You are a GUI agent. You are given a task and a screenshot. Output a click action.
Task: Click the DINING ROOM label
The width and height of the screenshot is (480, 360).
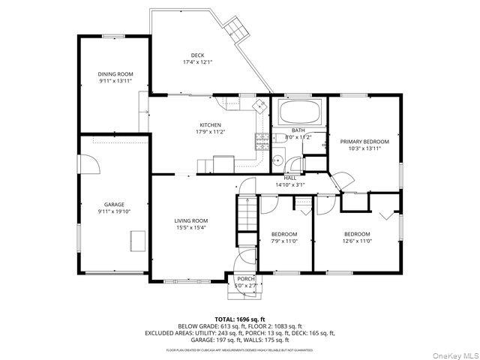point(115,74)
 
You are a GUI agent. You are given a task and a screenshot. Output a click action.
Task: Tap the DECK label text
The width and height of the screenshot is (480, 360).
point(197,55)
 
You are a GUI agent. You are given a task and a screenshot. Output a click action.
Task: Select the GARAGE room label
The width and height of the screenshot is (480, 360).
point(114,205)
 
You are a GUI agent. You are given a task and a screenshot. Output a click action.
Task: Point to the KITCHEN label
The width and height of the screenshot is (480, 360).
point(209,124)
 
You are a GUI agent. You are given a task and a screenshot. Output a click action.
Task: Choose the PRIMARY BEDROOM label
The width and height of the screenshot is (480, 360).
point(364,142)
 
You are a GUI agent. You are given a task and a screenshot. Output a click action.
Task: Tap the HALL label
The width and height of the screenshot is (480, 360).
point(289,178)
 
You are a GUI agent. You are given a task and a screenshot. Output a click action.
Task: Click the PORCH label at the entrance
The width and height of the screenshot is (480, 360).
point(246,279)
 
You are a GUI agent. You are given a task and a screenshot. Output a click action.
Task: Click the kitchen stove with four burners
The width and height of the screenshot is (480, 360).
point(262,139)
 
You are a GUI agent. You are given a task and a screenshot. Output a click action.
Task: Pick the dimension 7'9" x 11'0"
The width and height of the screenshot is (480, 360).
point(284,241)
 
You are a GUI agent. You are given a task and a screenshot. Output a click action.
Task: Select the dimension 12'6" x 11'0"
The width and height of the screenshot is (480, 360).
point(357,241)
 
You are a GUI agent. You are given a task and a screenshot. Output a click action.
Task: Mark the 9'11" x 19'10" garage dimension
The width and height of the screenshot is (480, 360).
point(114,211)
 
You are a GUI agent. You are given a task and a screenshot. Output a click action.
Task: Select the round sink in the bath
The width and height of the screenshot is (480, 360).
point(277,159)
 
